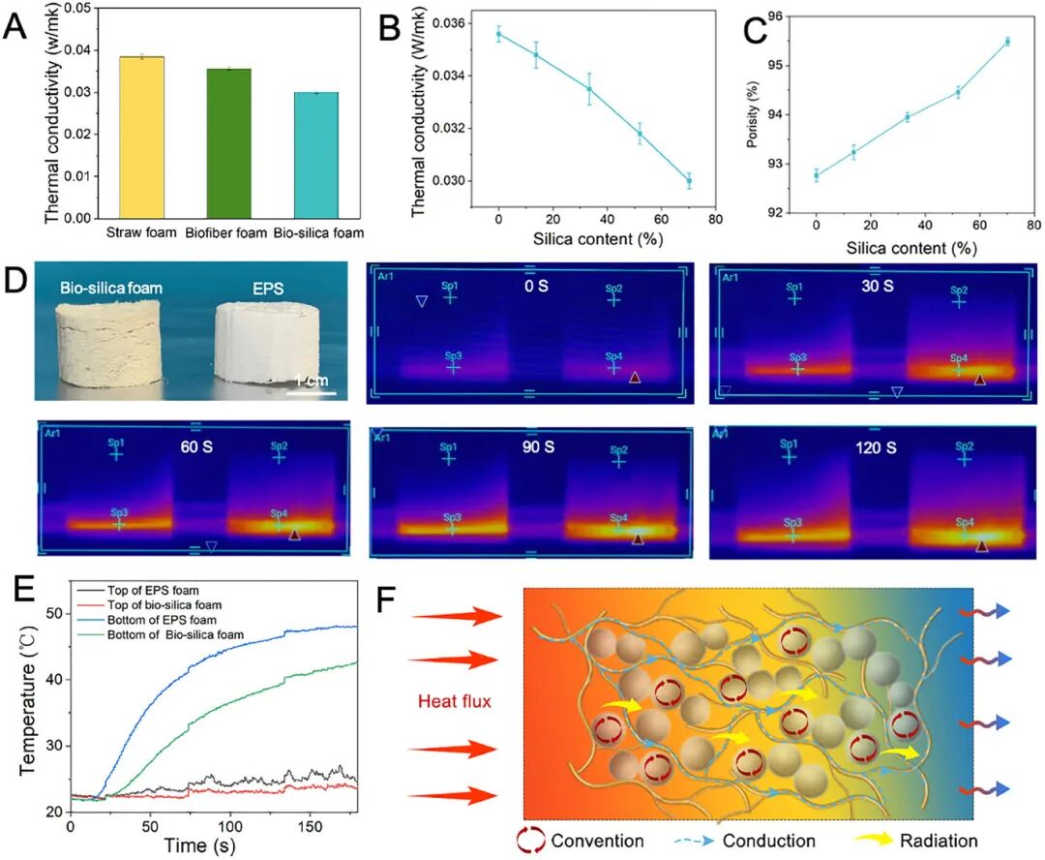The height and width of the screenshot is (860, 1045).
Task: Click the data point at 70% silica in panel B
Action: coord(689,181)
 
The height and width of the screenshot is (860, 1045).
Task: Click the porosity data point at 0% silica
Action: coord(817,175)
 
